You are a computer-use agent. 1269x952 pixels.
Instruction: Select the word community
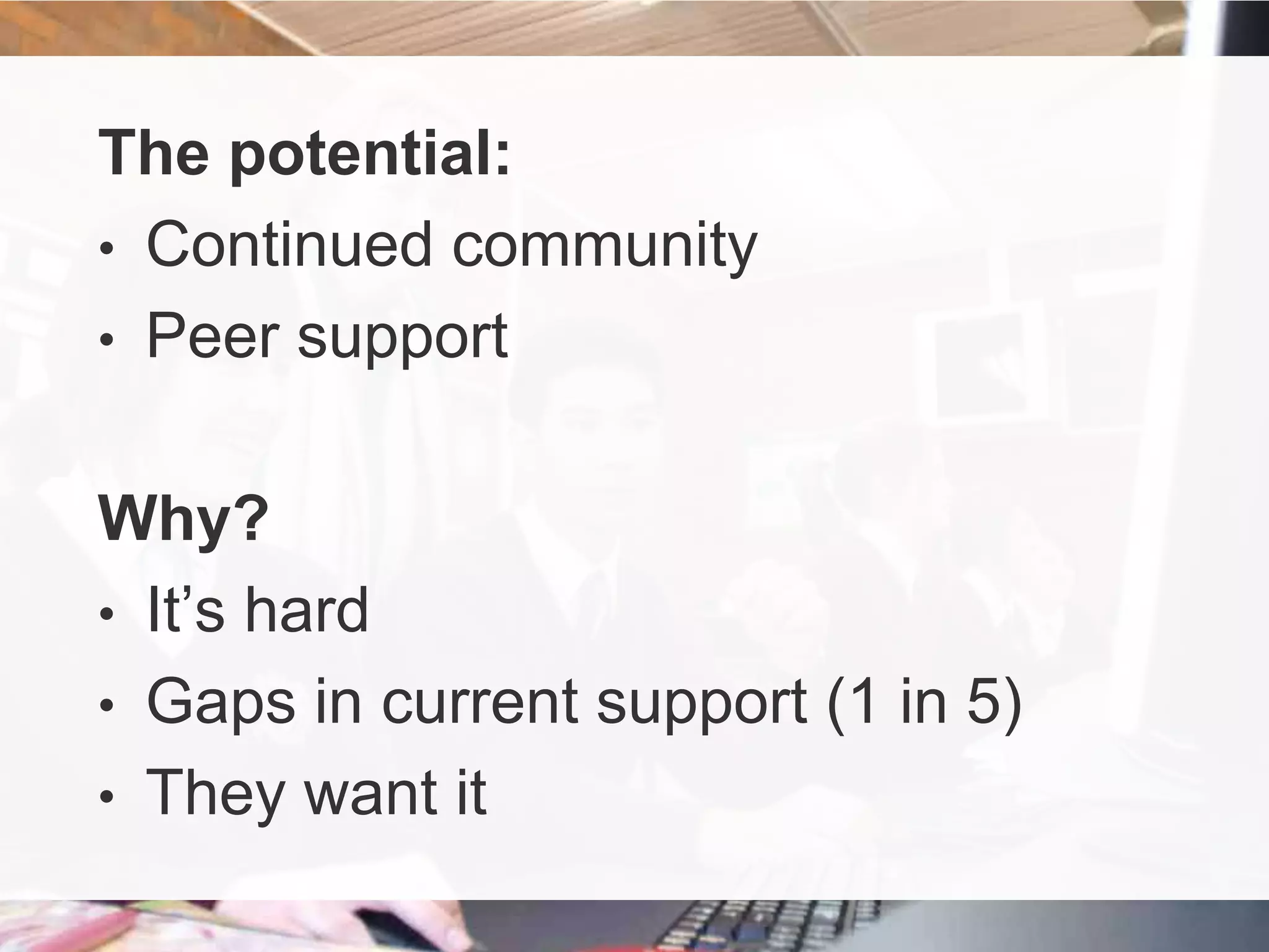[604, 247]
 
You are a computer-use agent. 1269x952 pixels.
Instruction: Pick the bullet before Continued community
[107, 248]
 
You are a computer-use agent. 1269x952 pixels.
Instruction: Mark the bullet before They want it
[107, 796]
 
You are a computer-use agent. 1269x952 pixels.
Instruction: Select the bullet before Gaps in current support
[107, 705]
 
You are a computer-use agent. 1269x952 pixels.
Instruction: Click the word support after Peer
[403, 338]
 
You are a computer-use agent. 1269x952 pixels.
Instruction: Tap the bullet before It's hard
[107, 614]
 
